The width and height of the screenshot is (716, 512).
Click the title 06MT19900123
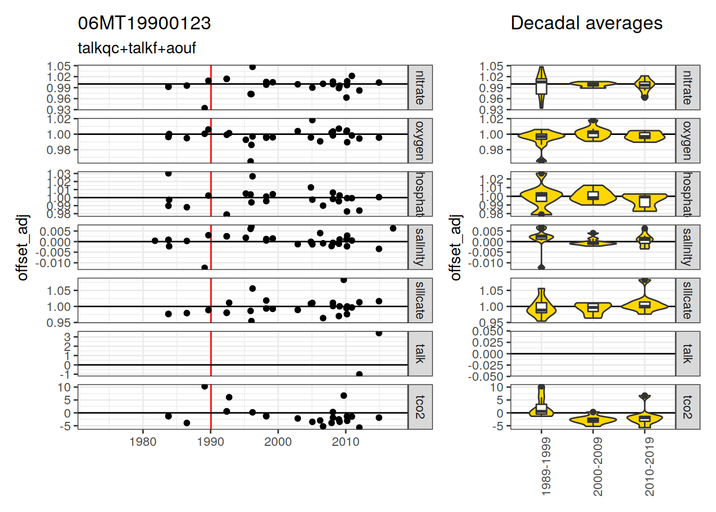coord(144,23)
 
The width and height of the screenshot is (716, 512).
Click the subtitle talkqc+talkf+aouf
coord(137,49)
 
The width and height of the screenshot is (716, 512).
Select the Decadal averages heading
coord(586,23)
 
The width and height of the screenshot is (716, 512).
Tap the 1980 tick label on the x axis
coord(143,442)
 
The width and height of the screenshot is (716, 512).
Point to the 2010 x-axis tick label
coord(346,442)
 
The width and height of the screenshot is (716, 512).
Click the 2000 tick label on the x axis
coord(278,442)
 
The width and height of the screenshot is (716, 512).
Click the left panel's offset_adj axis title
coord(22,247)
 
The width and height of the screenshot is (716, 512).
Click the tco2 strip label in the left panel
coord(420,407)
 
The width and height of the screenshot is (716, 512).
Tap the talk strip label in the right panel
coord(688,354)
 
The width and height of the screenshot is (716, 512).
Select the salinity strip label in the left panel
coord(420,247)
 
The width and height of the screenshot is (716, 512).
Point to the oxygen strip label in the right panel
coord(688,140)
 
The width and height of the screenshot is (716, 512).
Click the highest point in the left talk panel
coord(379,333)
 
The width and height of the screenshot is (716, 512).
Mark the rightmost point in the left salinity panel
coord(393,228)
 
